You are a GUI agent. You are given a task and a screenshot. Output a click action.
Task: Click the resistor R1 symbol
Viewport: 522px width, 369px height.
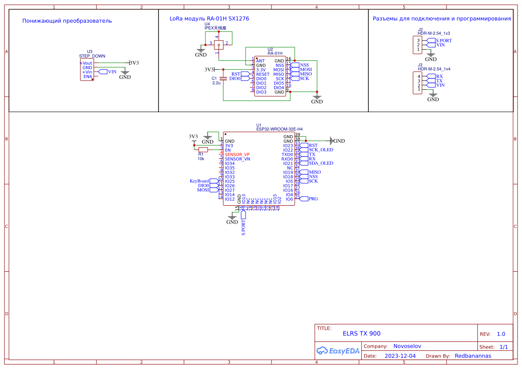click(203, 150)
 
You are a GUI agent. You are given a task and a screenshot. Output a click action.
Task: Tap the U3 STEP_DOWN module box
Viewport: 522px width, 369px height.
click(87, 70)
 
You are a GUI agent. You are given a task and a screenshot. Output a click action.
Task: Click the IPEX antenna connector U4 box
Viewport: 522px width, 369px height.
click(219, 45)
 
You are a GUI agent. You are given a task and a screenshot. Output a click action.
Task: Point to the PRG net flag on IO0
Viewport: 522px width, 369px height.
click(313, 199)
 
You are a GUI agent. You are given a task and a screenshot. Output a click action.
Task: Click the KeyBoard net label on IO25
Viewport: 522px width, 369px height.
click(200, 181)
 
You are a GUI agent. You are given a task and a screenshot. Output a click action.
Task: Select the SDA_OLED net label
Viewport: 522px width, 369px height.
click(321, 163)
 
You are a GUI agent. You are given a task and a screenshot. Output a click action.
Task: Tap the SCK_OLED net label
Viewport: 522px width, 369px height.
click(321, 150)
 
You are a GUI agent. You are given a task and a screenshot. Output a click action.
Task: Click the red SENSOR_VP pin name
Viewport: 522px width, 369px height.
click(237, 154)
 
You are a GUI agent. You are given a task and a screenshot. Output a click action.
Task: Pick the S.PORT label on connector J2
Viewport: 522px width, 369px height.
click(443, 41)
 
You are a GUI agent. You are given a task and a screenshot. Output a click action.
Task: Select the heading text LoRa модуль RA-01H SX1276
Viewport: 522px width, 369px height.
click(209, 19)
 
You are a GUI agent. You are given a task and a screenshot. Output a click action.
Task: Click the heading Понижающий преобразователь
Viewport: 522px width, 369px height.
click(67, 21)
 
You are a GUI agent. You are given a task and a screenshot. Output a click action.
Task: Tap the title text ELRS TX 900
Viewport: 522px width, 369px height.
click(362, 333)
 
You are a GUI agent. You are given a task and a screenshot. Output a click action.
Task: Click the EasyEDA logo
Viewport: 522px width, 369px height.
click(338, 351)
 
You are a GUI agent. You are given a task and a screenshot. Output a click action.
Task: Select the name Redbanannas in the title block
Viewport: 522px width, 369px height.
click(473, 356)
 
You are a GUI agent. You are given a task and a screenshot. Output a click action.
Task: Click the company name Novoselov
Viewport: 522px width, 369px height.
click(407, 346)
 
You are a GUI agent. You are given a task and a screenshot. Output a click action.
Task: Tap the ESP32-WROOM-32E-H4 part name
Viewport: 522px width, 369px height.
click(280, 129)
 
